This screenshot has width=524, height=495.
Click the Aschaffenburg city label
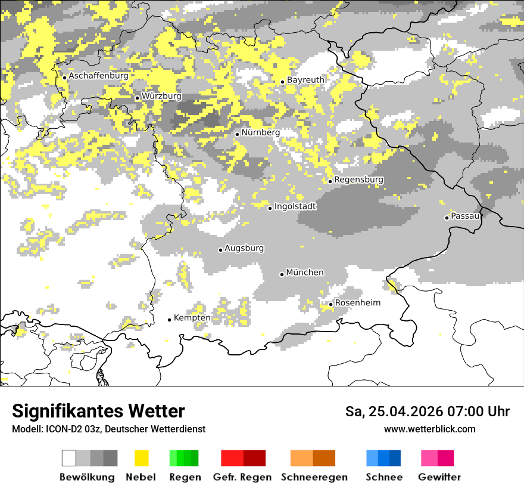coord(98,76)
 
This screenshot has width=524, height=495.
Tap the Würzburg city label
coord(161,96)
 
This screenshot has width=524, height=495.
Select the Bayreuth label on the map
coord(305,80)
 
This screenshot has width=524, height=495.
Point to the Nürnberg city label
coord(260,132)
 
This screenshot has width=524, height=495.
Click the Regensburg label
coord(358,180)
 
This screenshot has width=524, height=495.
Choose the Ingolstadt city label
coord(295,206)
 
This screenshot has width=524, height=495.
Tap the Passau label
coord(465,216)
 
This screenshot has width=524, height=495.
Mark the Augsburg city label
coord(244,248)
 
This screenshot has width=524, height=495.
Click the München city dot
coord(282,274)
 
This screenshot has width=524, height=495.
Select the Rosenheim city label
coord(357,303)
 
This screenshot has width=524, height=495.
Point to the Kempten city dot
coord(169,320)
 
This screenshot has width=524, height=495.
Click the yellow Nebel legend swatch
coord(141,458)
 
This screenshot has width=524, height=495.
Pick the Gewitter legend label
coord(439,477)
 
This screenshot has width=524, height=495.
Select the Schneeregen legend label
coord(314,477)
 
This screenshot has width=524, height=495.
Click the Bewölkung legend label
coord(87,477)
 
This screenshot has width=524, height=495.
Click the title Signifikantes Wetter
coord(98,412)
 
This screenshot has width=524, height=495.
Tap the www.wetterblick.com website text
coord(429,429)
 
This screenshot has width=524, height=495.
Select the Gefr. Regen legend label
coord(242,477)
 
